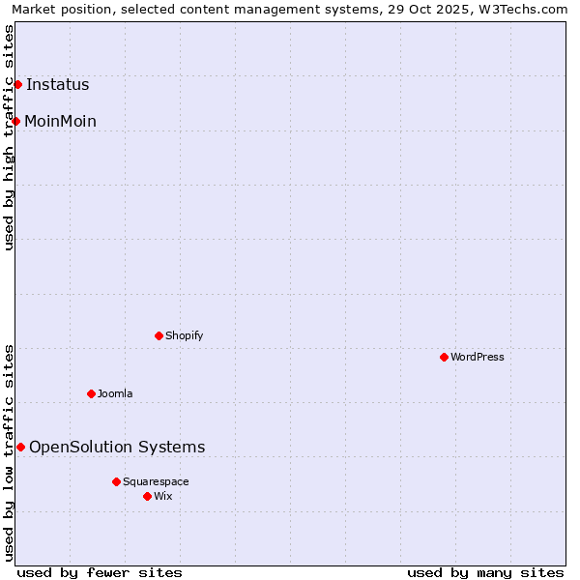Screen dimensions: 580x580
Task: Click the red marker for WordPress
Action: click(x=444, y=357)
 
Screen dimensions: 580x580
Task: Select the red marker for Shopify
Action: click(x=159, y=335)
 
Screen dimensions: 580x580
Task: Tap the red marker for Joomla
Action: click(x=91, y=393)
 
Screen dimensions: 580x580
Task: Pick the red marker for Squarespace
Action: click(x=116, y=481)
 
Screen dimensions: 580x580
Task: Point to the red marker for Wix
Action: click(x=147, y=496)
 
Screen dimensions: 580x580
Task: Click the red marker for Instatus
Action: click(x=17, y=84)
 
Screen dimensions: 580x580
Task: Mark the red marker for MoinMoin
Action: click(x=15, y=121)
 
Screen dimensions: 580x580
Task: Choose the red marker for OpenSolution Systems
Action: click(x=20, y=447)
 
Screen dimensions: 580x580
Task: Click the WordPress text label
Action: click(x=478, y=357)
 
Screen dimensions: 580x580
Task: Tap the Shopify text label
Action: click(x=184, y=335)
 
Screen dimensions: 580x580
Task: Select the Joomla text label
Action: click(x=115, y=393)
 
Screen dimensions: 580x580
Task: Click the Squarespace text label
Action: click(x=156, y=481)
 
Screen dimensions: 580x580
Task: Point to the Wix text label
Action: click(x=163, y=496)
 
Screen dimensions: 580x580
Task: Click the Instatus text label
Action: click(x=58, y=84)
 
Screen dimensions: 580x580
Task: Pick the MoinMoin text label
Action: click(x=60, y=121)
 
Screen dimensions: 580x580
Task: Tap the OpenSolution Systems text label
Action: click(x=117, y=447)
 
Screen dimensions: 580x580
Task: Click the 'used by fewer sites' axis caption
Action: click(x=100, y=572)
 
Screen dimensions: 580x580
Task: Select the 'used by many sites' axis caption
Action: click(x=485, y=572)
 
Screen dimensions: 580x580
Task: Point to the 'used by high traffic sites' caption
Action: click(x=9, y=137)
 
